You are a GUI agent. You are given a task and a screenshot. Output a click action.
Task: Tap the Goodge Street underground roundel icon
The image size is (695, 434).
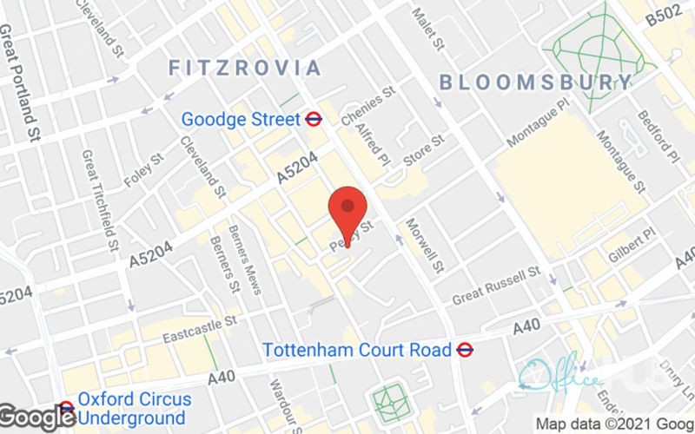pyautogui.click(x=314, y=119)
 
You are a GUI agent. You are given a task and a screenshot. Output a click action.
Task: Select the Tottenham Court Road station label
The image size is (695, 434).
pyautogui.click(x=356, y=350)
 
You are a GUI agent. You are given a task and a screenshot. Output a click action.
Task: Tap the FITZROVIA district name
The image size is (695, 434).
pyautogui.click(x=245, y=68)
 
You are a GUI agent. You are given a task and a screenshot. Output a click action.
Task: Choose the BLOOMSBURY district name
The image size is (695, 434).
pyautogui.click(x=536, y=83)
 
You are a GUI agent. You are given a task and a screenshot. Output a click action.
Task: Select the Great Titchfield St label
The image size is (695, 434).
pyautogui.click(x=101, y=200)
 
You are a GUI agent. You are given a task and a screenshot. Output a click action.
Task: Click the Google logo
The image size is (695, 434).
pyautogui.click(x=36, y=417)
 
